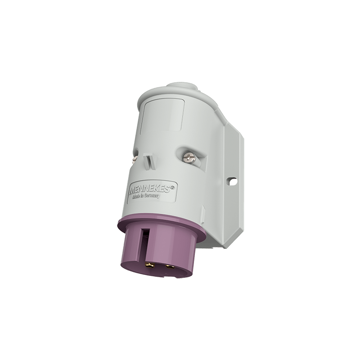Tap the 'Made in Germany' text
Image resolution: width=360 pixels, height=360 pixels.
(146, 197)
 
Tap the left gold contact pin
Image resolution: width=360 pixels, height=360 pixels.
(150, 265)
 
